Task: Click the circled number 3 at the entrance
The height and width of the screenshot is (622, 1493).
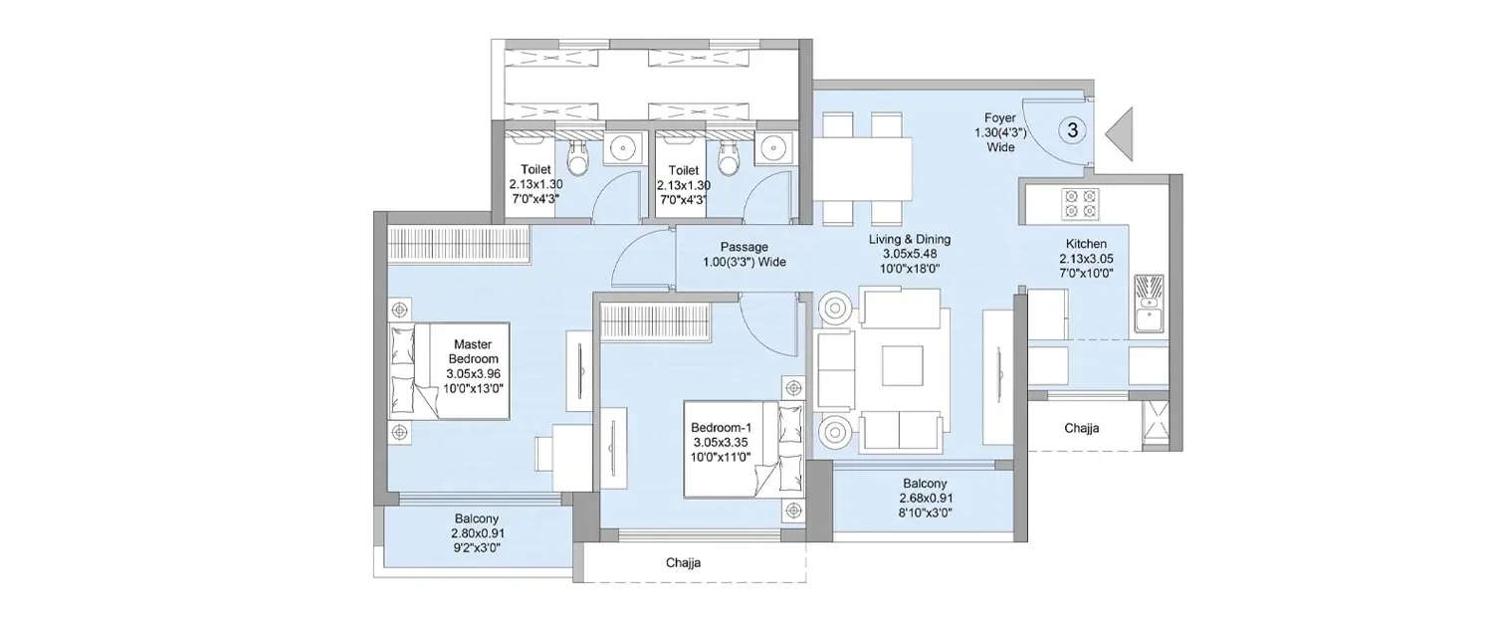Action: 1071,130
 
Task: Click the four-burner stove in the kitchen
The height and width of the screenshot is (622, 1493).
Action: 1080,203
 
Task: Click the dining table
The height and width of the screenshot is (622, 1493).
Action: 863,168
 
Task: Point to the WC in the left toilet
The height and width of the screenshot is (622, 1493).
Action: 577,154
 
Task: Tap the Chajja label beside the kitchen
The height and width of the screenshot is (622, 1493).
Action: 1081,429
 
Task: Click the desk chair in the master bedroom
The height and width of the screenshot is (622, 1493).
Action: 544,453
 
